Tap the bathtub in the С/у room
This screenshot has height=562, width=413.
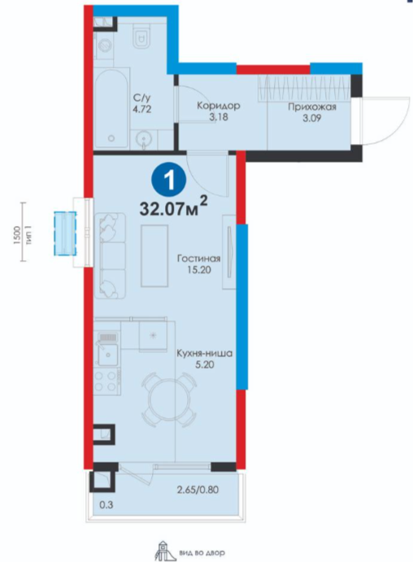(x=112, y=109)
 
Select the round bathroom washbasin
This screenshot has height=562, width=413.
(x=144, y=138)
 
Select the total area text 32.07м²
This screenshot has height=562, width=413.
(x=174, y=208)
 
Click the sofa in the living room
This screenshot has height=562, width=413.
(x=110, y=256)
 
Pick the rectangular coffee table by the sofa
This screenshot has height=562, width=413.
(x=154, y=256)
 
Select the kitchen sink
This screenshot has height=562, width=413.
(x=108, y=354)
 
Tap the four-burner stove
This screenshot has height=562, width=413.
(x=107, y=380)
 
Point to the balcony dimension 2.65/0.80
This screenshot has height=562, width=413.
(x=198, y=490)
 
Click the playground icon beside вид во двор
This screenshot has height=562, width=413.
(x=162, y=552)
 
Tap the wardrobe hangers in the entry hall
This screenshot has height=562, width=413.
(x=304, y=88)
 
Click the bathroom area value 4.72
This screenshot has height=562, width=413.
(x=141, y=109)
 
